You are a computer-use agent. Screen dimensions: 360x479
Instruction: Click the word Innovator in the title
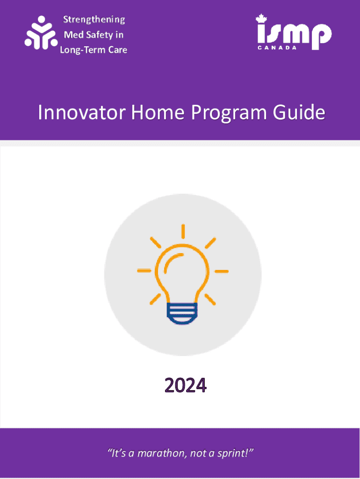82,112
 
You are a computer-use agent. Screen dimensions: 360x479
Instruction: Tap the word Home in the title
158,112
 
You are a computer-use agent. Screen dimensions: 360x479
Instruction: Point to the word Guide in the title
299,112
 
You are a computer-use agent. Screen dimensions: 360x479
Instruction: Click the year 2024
186,385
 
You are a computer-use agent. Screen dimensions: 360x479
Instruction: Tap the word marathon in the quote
161,453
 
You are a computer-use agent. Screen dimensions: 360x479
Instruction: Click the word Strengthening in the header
94,20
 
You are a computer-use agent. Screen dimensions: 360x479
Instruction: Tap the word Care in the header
118,50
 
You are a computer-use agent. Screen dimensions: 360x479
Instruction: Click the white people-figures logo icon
41,33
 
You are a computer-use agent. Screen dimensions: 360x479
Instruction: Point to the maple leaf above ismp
261,19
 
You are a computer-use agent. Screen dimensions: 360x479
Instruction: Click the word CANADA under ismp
277,48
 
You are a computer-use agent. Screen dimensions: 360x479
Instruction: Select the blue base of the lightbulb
182,313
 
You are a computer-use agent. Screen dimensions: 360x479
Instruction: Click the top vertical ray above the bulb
183,231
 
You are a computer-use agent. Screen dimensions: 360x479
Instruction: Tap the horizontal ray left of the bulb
144,270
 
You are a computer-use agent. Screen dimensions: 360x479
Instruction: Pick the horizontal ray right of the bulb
222,271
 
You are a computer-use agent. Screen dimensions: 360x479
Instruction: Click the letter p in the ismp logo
321,36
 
